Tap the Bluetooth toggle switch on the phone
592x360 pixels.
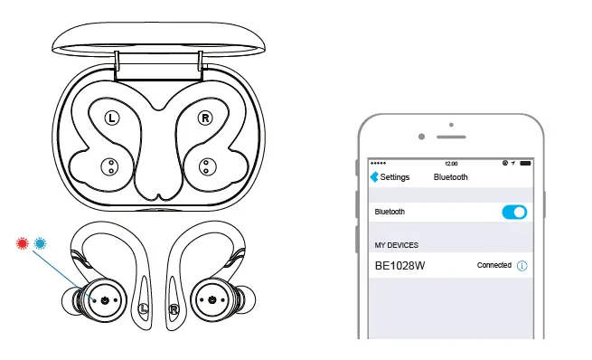[513, 212]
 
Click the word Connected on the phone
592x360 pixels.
[494, 266]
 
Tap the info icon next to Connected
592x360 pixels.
[522, 266]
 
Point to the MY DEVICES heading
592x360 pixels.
[396, 244]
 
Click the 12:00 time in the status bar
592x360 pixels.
[451, 163]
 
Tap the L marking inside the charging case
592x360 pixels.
[111, 117]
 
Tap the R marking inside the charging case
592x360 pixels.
[205, 117]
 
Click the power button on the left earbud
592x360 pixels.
[107, 299]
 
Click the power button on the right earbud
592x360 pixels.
[211, 299]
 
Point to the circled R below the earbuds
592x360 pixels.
[173, 308]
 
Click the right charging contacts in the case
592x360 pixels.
[205, 166]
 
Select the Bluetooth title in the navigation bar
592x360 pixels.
[451, 177]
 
